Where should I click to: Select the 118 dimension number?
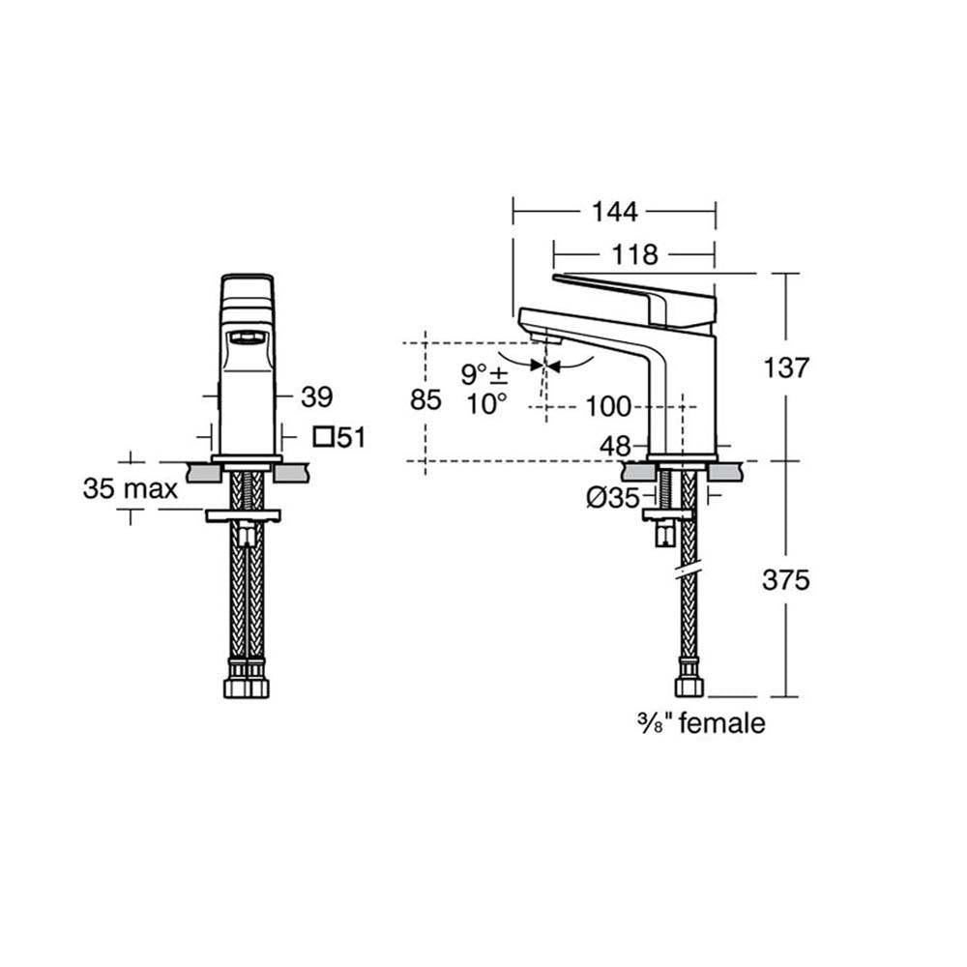635,255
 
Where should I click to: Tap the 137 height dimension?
784,368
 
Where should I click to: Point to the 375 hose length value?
785,579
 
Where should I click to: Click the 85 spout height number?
425,400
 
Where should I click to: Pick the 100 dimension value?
608,406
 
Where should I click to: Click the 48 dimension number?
615,446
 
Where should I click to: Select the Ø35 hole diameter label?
613,499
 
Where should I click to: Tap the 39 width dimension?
317,396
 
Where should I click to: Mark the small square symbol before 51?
324,437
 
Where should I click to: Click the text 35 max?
131,489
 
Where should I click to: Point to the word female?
722,722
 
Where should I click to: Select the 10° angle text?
487,403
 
